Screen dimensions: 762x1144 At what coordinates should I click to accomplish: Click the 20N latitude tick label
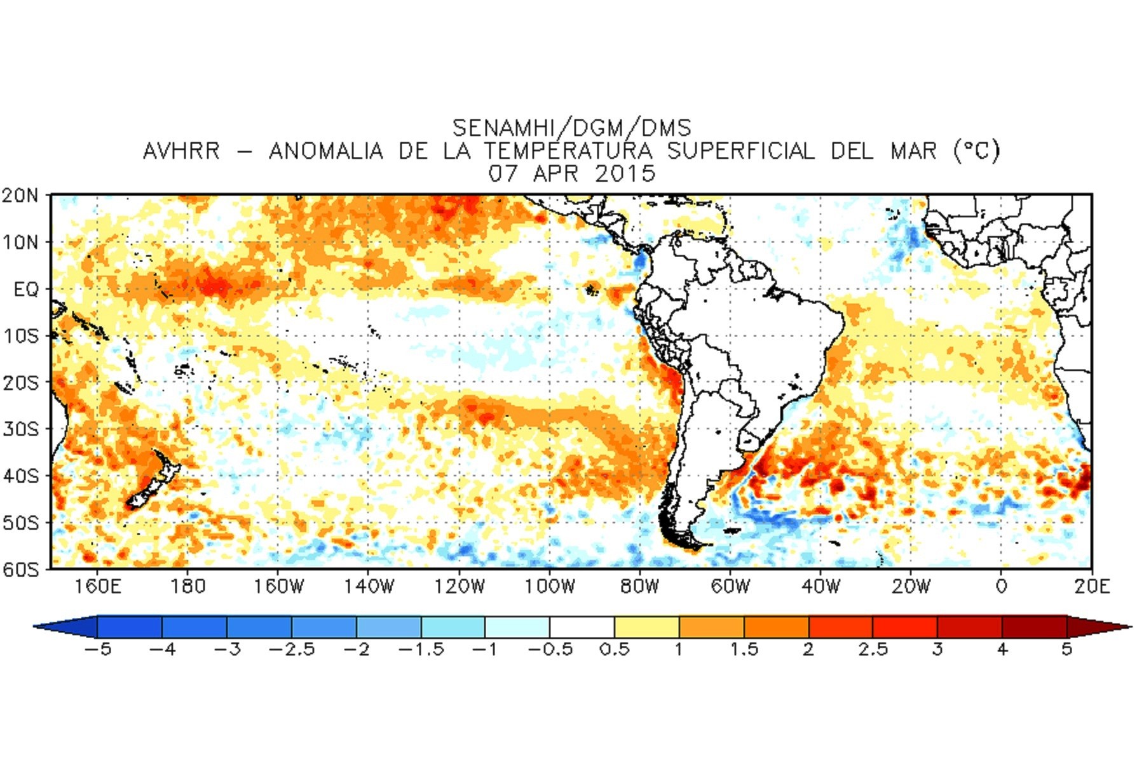click(x=20, y=196)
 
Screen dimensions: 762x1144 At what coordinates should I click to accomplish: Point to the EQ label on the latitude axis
click(x=26, y=290)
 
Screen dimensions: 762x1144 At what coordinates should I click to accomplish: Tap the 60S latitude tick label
click(x=20, y=569)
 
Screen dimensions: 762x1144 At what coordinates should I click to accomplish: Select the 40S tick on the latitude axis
click(x=20, y=476)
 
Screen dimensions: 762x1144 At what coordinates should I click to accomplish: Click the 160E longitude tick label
click(x=97, y=586)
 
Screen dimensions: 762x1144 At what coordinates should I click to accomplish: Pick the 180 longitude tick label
click(x=188, y=586)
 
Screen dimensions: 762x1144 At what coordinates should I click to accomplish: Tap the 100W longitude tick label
click(x=549, y=586)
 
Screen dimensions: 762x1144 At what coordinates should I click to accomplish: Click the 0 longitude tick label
click(x=1001, y=586)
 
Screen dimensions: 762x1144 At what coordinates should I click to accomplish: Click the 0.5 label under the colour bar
click(x=615, y=650)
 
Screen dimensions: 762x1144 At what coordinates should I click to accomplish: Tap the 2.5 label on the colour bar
click(x=873, y=650)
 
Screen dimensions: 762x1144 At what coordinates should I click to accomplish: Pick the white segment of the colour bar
click(x=582, y=627)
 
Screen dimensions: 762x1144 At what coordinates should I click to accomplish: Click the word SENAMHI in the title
click(x=503, y=128)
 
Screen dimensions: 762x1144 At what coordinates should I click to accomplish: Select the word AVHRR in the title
click(x=181, y=151)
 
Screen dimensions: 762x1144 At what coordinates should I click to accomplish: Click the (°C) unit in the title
click(x=976, y=151)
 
